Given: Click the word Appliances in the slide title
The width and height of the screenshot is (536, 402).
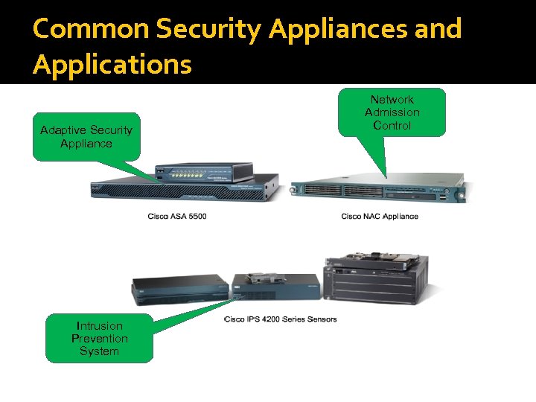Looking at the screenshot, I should click(354, 29).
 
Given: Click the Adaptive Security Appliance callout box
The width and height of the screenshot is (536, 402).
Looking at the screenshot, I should click(86, 136).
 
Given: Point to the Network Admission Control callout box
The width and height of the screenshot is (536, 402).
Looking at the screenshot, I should click(392, 112).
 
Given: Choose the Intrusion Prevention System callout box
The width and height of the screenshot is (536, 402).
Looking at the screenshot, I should click(99, 338).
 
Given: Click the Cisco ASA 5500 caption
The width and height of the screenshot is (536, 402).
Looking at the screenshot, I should click(177, 217).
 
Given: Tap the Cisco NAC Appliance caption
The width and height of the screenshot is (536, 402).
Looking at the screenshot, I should click(380, 217).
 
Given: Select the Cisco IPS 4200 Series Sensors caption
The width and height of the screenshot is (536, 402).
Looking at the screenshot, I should click(281, 319).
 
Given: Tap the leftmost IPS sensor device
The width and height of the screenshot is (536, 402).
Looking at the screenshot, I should click(179, 290).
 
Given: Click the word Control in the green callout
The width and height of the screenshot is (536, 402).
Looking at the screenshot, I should click(392, 125).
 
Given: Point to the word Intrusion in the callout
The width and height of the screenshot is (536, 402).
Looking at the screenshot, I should click(99, 325).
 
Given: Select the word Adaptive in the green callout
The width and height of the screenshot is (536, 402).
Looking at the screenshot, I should click(63, 130).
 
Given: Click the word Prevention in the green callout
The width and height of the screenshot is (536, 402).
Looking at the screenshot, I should click(99, 338).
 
